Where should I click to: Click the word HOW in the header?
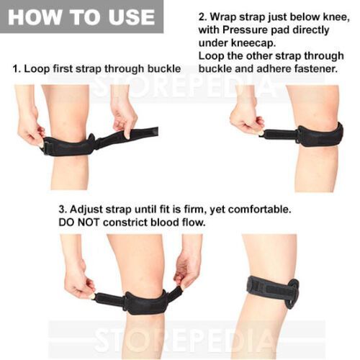35,17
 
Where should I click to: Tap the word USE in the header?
130,17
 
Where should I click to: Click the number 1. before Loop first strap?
17,69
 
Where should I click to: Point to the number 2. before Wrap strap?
202,17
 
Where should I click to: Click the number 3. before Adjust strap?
63,210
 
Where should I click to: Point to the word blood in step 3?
164,222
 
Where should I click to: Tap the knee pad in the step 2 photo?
320,135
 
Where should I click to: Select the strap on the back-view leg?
273,291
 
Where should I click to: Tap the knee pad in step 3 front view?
145,302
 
